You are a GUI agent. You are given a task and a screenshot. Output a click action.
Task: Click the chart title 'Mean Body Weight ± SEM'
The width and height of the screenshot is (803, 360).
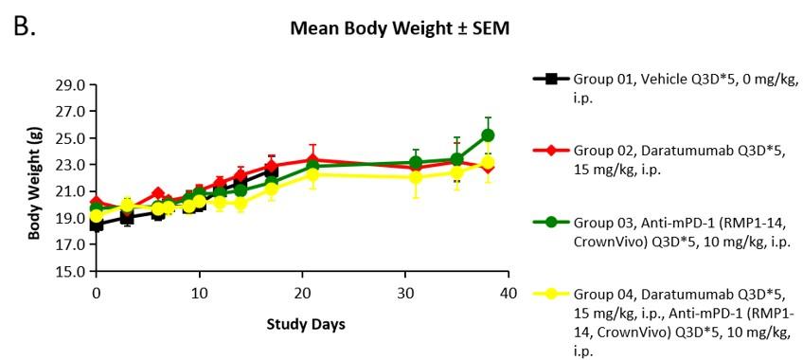tap(400, 28)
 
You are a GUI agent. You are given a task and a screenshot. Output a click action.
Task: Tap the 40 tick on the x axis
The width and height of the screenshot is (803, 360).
tap(508, 293)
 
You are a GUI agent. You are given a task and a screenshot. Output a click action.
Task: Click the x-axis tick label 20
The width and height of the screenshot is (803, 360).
tap(302, 293)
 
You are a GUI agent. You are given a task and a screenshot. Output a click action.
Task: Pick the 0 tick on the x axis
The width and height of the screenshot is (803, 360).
tap(97, 293)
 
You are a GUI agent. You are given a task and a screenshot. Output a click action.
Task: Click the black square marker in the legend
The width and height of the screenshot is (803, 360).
tap(551, 79)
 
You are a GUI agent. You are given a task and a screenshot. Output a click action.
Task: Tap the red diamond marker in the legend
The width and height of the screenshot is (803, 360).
tap(551, 151)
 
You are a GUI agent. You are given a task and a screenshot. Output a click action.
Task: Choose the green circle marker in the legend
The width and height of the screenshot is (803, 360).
tap(551, 223)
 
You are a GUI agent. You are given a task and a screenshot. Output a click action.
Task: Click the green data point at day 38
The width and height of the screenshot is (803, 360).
tap(488, 135)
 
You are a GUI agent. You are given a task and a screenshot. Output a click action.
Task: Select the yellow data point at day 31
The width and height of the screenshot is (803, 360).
tap(416, 178)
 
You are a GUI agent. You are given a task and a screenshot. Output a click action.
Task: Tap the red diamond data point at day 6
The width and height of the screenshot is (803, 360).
tap(158, 193)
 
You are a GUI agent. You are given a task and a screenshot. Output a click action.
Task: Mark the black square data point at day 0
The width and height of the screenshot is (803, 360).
tap(97, 225)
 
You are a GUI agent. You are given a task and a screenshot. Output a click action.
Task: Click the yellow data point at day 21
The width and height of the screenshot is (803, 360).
tap(312, 175)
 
